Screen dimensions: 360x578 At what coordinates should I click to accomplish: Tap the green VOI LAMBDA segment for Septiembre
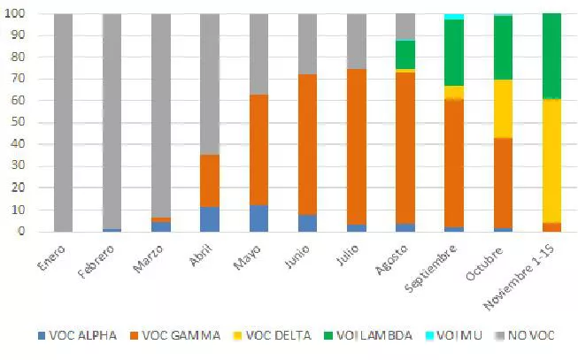click(454, 52)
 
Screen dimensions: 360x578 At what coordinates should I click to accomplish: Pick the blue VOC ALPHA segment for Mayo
click(258, 218)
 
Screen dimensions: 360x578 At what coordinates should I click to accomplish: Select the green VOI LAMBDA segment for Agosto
click(405, 55)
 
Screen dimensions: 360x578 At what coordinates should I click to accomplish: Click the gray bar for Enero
click(63, 123)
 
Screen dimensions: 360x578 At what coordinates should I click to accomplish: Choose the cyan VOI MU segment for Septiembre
click(454, 17)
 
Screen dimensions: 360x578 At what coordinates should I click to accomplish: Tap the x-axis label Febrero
click(96, 264)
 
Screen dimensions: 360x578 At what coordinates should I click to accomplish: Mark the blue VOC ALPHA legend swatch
click(42, 337)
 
